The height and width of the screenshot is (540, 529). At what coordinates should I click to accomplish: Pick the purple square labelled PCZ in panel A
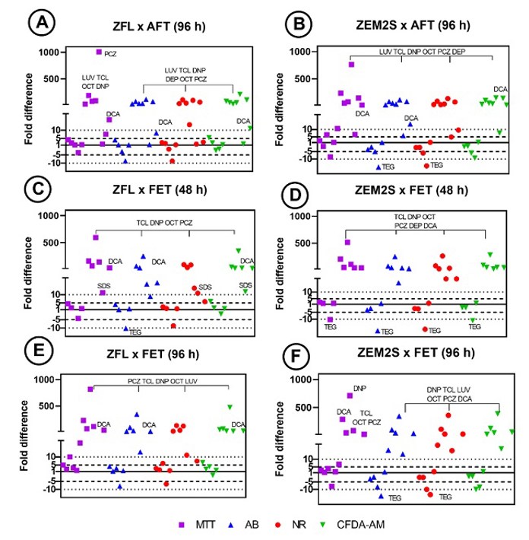pos(99,52)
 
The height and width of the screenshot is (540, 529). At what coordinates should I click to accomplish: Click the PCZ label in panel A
pos(111,54)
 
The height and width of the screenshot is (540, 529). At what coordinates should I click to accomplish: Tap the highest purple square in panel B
pos(351,64)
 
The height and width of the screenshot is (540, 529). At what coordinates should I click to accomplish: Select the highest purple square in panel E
pos(90,389)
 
